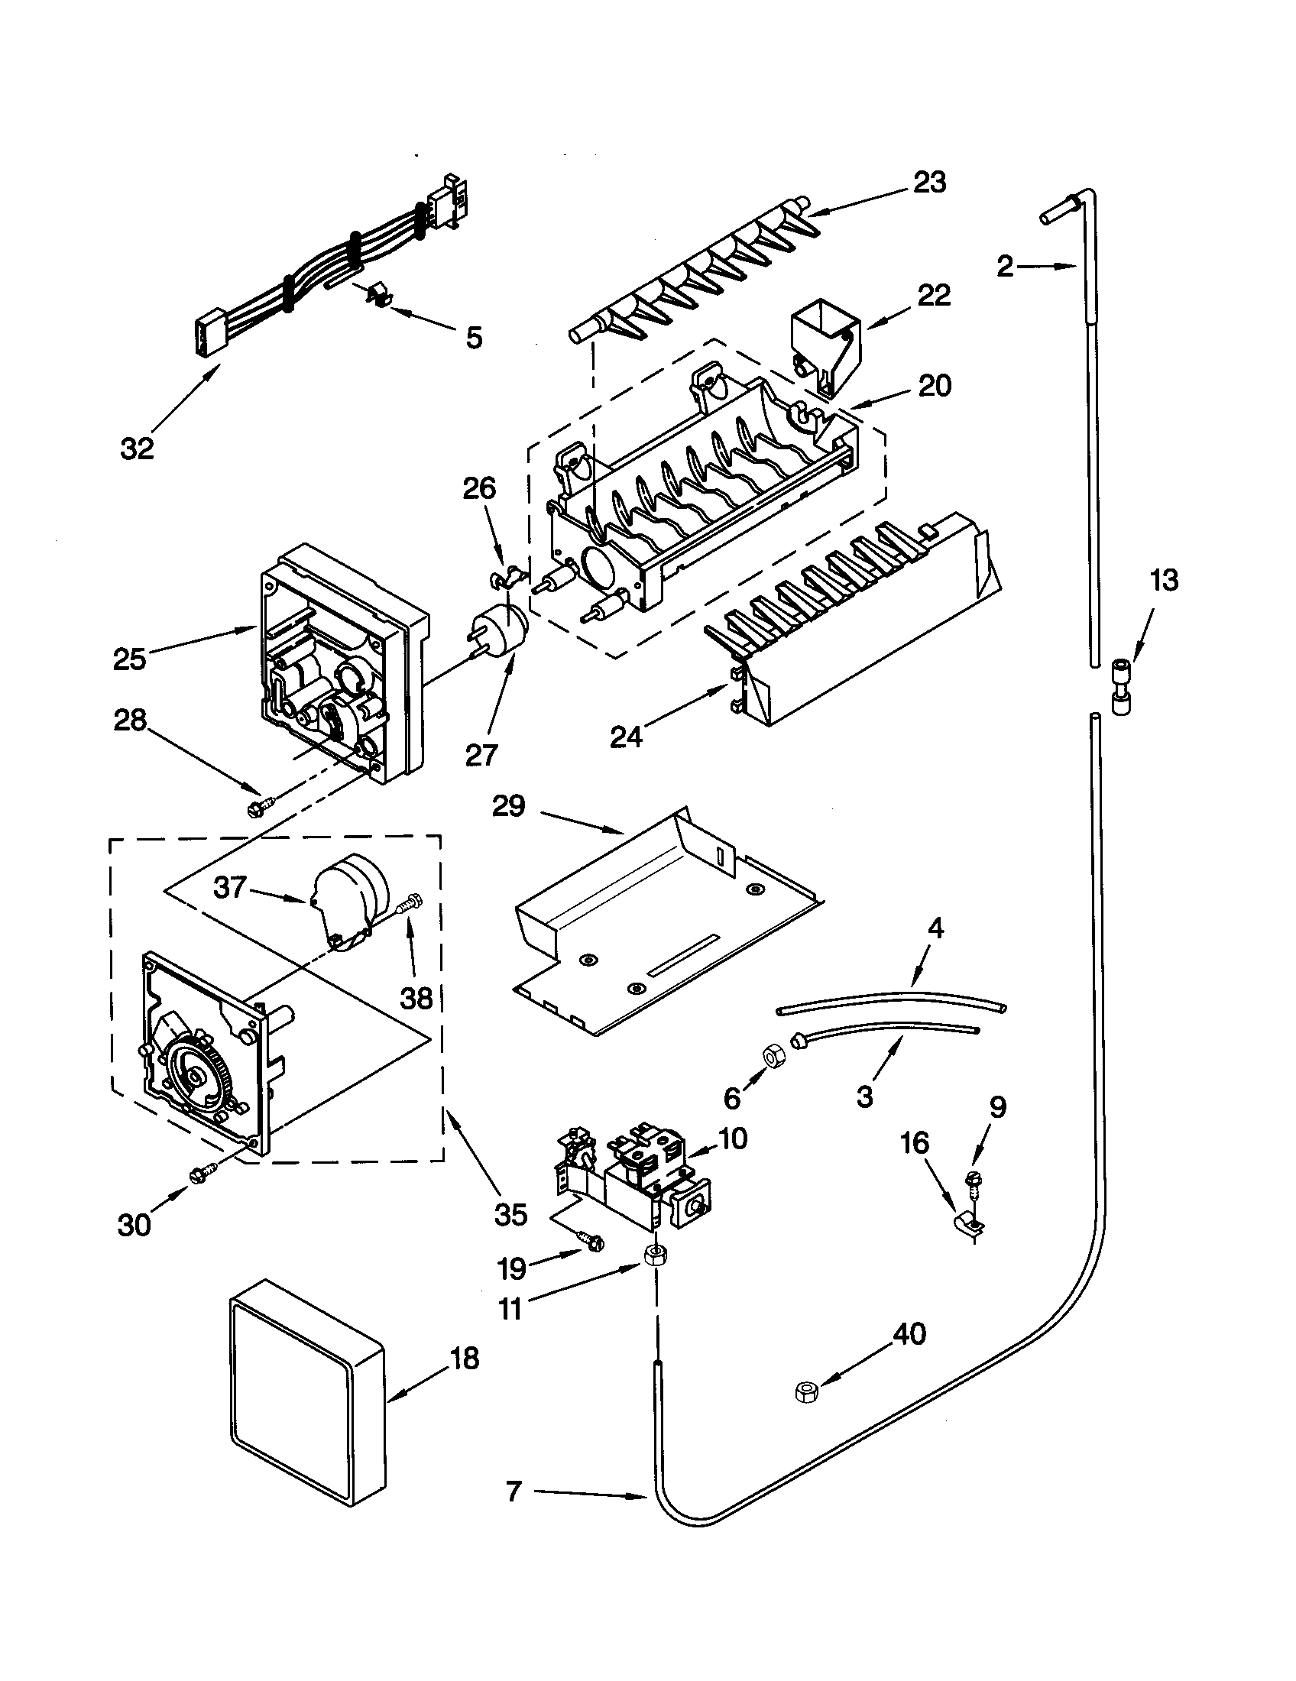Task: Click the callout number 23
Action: point(929,183)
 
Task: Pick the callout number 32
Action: point(138,448)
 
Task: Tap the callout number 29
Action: point(509,806)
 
